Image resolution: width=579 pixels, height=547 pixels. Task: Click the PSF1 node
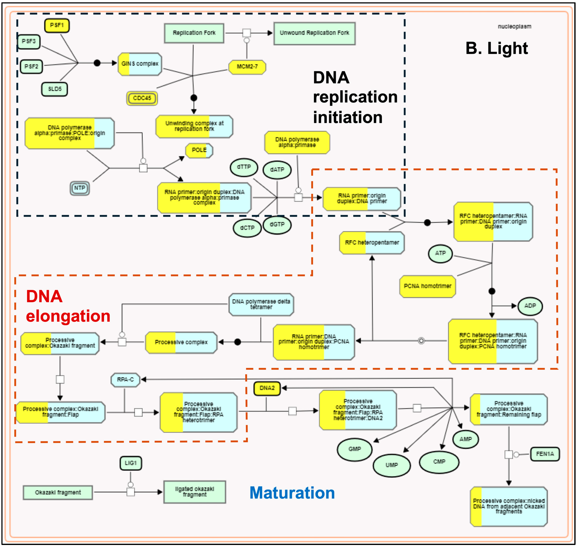tap(57, 25)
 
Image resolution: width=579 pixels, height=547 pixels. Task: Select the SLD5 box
tap(54, 89)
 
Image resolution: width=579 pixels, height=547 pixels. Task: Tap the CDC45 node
tap(142, 98)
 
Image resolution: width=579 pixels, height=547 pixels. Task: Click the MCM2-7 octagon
tap(247, 67)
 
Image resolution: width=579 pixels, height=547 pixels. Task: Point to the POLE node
tap(199, 150)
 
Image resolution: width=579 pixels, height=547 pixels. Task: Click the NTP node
tap(80, 188)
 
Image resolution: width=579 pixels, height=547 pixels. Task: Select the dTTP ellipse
tap(244, 167)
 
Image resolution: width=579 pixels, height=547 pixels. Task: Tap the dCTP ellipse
tap(247, 228)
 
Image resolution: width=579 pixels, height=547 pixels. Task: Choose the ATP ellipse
tap(440, 253)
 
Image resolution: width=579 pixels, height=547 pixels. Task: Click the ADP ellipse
tap(530, 306)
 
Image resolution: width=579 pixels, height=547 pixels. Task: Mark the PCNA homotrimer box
tap(428, 286)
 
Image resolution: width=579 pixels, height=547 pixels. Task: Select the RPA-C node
tap(125, 380)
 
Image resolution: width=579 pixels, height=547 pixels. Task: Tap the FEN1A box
tap(545, 454)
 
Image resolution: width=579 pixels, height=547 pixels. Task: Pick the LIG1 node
tap(131, 463)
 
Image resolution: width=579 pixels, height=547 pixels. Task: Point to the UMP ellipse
tap(392, 465)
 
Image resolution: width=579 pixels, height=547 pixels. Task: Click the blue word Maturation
tap(292, 493)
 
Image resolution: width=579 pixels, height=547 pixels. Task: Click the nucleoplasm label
tap(514, 27)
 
